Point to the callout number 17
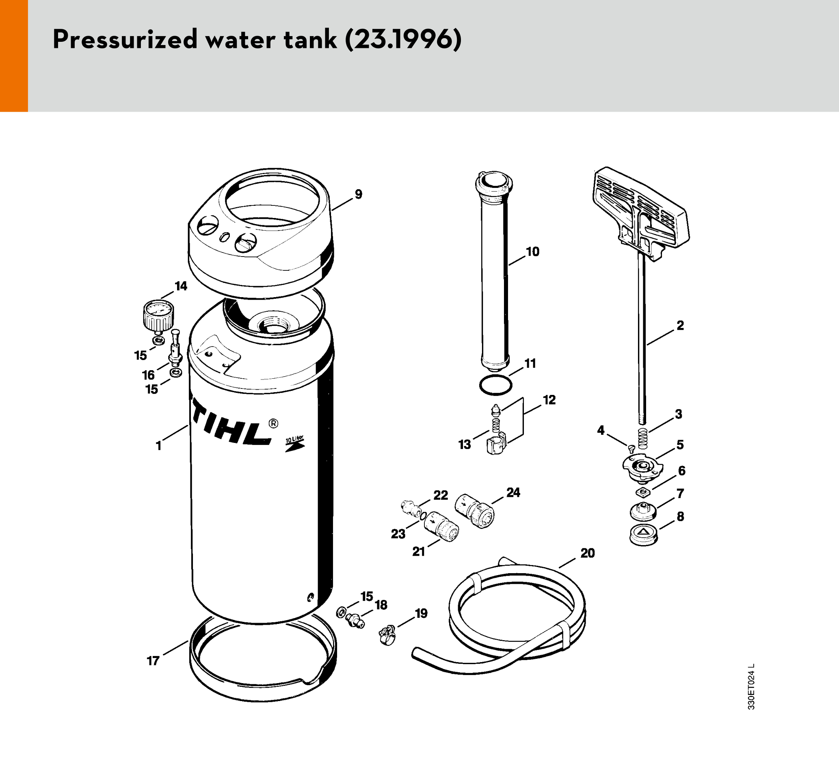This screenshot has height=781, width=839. [153, 661]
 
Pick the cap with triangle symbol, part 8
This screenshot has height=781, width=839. [643, 535]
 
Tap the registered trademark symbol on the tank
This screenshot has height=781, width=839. [273, 423]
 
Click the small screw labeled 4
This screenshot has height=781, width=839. [632, 448]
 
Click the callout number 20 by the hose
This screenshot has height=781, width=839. [588, 553]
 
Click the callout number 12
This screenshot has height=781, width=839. [549, 399]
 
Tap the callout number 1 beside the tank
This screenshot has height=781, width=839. [159, 446]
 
